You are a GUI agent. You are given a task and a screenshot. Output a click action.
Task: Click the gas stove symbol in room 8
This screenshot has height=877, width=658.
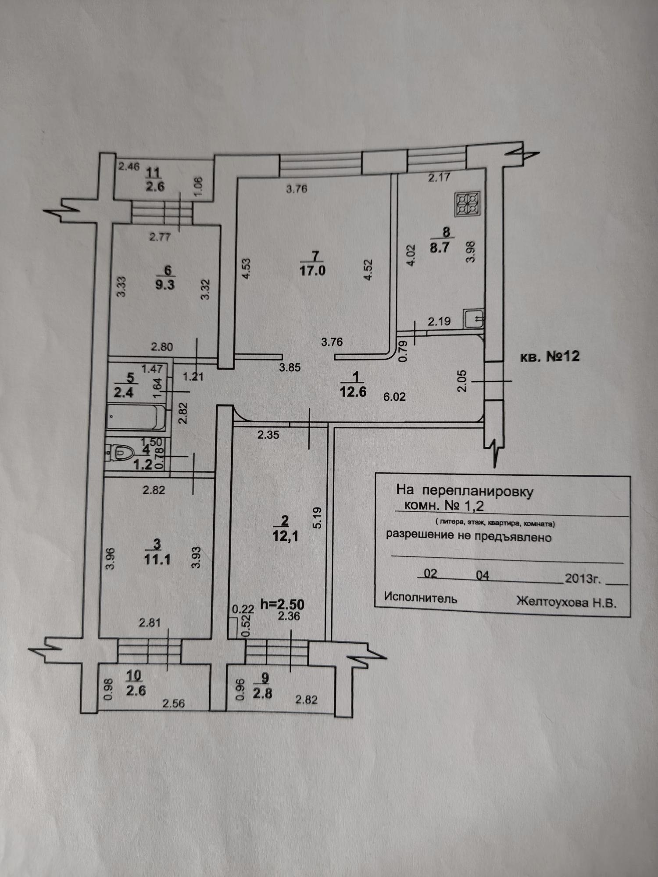(468, 204)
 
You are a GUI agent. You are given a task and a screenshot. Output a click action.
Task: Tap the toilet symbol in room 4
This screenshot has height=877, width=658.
(116, 453)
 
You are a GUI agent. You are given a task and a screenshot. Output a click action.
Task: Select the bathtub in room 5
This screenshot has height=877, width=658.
(136, 417)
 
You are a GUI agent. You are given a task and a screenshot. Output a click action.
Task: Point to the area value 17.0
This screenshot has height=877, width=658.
(312, 271)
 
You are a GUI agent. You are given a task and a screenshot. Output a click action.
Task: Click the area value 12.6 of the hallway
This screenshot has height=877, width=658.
(353, 391)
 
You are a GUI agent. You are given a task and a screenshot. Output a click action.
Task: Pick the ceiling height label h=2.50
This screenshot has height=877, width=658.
(282, 604)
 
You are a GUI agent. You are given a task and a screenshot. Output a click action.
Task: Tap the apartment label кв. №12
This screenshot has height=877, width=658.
(550, 356)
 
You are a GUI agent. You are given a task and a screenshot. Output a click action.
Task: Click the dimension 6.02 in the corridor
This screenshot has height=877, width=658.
(394, 397)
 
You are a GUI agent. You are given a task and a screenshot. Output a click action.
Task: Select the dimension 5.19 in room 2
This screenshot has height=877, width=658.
(318, 518)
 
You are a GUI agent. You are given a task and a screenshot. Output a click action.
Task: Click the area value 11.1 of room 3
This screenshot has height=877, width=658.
(157, 560)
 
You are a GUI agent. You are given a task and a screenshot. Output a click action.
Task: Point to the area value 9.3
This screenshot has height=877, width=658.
(165, 284)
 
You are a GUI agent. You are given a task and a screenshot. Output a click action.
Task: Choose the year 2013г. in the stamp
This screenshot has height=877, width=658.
(583, 578)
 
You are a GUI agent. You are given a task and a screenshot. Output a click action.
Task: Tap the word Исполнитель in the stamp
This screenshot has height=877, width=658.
(420, 598)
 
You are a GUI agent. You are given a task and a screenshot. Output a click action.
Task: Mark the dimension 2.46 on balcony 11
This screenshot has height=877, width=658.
(129, 167)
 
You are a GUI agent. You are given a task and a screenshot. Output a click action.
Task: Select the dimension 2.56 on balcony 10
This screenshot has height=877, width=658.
(174, 703)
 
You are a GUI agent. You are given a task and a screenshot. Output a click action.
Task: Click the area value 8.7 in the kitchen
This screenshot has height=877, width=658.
(440, 247)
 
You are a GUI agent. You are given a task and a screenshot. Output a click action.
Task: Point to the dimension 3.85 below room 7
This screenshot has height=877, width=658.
(290, 367)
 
